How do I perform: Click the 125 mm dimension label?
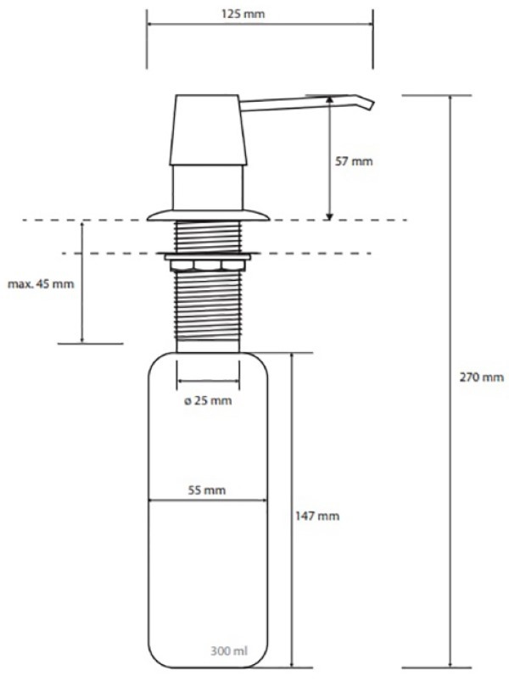(243, 14)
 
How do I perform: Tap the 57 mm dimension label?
(354, 162)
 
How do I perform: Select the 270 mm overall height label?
(482, 377)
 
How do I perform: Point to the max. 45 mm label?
(41, 284)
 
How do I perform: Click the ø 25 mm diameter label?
(208, 400)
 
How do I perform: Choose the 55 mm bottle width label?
(207, 490)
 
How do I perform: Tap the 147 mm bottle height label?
(317, 517)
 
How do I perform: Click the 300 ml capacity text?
(229, 651)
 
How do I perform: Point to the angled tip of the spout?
(371, 105)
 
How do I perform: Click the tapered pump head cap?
(208, 130)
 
